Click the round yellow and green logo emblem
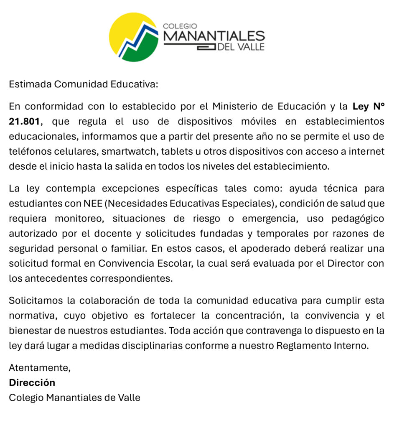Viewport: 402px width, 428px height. click(x=134, y=37)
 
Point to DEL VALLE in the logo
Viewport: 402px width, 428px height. click(x=241, y=47)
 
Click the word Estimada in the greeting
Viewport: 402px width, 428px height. click(x=30, y=84)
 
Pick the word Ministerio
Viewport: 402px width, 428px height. click(x=234, y=106)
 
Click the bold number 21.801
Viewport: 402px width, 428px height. click(x=25, y=121)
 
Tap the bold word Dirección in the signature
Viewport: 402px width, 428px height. click(x=32, y=382)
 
